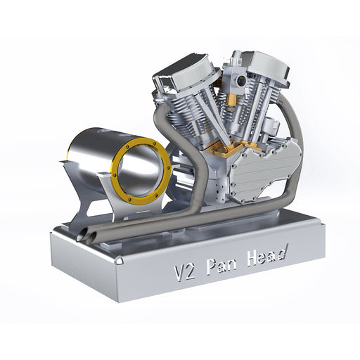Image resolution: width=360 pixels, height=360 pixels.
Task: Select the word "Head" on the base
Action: (264, 254)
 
